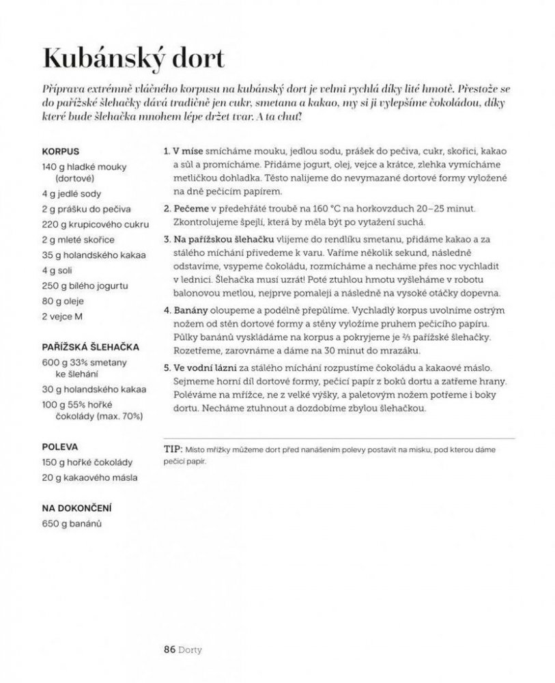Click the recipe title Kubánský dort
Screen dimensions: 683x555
[x=134, y=58]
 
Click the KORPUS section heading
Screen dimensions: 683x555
[x=61, y=151]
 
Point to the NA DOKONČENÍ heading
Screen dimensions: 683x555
[x=76, y=508]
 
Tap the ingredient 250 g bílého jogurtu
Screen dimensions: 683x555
[x=85, y=285]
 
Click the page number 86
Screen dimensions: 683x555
[x=169, y=650]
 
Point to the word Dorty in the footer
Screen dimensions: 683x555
[x=191, y=650]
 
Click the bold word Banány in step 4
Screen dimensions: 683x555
[x=192, y=309]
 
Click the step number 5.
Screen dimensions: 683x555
[x=167, y=367]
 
